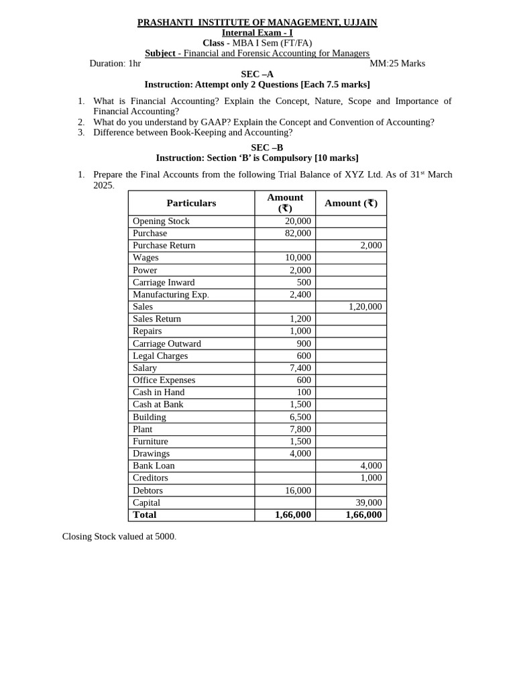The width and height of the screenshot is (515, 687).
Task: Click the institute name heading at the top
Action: click(257, 23)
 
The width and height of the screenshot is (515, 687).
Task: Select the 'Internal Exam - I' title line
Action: click(257, 33)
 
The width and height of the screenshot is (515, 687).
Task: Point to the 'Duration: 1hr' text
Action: click(115, 64)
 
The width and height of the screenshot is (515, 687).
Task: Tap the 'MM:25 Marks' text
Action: click(397, 64)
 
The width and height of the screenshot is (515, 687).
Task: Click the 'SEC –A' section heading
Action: click(257, 74)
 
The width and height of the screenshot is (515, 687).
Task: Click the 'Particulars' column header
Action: click(191, 203)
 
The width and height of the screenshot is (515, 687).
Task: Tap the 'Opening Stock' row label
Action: click(161, 221)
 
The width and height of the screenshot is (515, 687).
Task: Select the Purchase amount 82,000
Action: click(298, 233)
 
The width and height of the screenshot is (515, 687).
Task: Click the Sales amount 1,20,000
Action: click(365, 307)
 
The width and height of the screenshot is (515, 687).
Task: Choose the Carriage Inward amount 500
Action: click(304, 282)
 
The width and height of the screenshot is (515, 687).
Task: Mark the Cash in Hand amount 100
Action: click(304, 392)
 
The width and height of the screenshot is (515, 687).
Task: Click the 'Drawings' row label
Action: click(151, 454)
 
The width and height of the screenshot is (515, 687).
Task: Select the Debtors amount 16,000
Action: click(298, 490)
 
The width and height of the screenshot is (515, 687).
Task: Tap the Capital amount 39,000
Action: click(368, 503)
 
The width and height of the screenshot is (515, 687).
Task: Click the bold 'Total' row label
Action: click(144, 515)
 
